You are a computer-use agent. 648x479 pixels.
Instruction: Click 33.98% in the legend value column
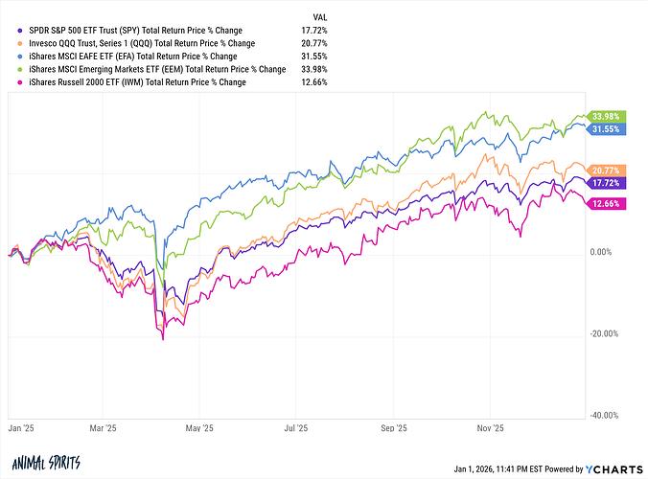[x=315, y=69]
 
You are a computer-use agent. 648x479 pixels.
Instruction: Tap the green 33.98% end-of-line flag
[x=608, y=116]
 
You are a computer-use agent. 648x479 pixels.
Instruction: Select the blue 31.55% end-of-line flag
[x=608, y=128]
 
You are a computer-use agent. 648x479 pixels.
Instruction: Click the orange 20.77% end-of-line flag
[x=608, y=169]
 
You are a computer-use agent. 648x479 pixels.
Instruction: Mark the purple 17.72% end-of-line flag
[x=608, y=182]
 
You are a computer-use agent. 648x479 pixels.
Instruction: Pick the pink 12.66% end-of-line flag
[x=608, y=203]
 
